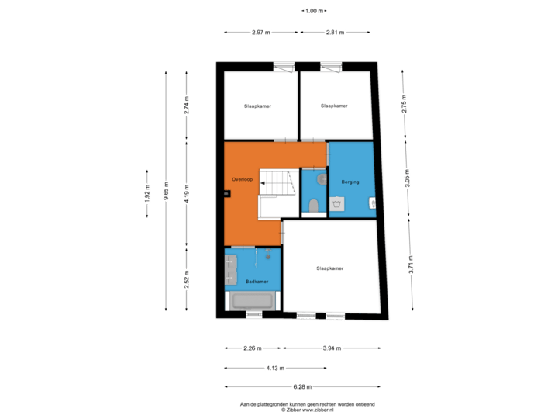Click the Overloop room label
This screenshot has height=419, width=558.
point(243,179)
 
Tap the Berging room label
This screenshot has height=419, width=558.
point(350,182)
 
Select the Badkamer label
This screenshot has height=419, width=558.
point(257,282)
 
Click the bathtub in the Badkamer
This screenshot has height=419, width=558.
point(253,301)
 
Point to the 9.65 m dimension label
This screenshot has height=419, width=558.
point(166,191)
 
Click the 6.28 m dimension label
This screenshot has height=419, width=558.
point(302,386)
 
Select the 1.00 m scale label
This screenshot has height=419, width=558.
point(314,11)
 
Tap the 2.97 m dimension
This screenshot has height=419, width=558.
point(261,33)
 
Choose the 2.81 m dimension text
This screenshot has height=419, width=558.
point(336,33)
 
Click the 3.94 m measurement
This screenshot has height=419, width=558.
point(332,348)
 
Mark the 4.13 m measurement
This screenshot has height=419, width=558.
point(275,368)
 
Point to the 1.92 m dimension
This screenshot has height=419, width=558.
point(147,193)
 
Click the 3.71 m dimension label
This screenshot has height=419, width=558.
point(411,265)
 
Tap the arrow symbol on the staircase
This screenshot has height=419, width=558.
point(263,183)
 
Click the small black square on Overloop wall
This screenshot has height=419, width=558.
point(227,194)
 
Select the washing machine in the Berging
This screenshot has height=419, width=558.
point(336,204)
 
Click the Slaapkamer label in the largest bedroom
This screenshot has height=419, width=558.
point(330,268)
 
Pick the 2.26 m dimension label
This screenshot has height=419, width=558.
point(253,348)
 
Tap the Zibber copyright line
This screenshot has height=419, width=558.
point(308,410)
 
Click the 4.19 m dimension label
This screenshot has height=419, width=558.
point(187,193)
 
